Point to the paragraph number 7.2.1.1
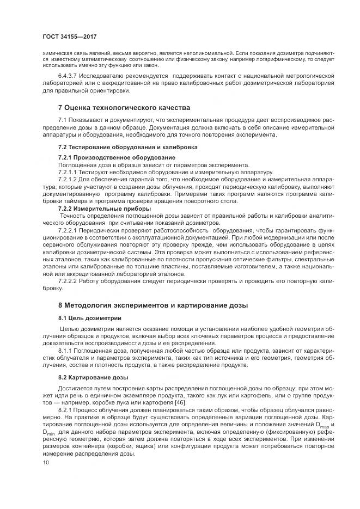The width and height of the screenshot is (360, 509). point(70,172)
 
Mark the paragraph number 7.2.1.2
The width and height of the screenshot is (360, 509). point(70,179)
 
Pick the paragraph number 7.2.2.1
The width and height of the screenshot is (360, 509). point(70,230)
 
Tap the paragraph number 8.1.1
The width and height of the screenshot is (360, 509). point(66,351)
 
